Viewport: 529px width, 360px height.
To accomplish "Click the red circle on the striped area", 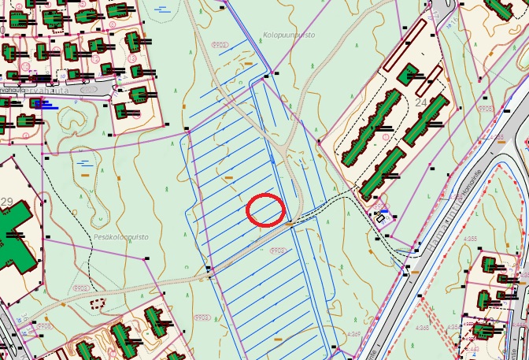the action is [x=265, y=210].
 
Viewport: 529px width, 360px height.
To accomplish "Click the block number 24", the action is [x=420, y=102].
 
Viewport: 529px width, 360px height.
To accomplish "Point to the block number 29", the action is [x=7, y=180].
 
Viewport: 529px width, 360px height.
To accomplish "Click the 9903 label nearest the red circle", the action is [x=277, y=251].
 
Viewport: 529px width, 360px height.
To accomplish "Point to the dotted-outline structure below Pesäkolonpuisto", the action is [x=98, y=302].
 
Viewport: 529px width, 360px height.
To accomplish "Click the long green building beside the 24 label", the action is [x=426, y=123].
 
